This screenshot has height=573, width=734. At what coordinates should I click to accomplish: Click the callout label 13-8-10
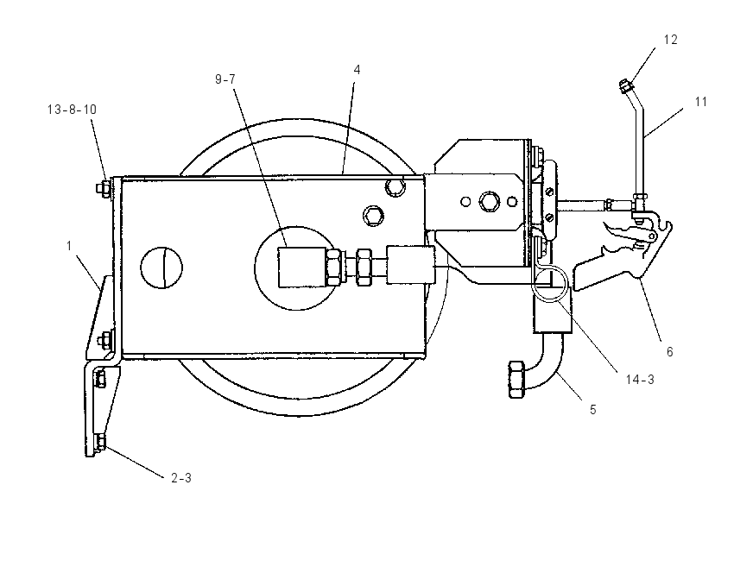point(72,110)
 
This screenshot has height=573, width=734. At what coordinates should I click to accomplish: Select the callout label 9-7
point(225,79)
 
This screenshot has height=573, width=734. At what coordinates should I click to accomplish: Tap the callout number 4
point(358,70)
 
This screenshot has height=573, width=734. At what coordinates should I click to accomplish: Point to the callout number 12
point(671,40)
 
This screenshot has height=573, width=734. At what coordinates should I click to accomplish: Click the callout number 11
point(701,102)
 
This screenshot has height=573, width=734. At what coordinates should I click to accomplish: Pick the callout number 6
point(670,352)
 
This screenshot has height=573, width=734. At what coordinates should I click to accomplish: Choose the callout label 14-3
point(640,380)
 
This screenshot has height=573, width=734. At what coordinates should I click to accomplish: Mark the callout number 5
point(593,410)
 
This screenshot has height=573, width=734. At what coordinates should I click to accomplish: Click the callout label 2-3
point(181,478)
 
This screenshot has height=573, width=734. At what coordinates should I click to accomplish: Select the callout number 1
point(69,246)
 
